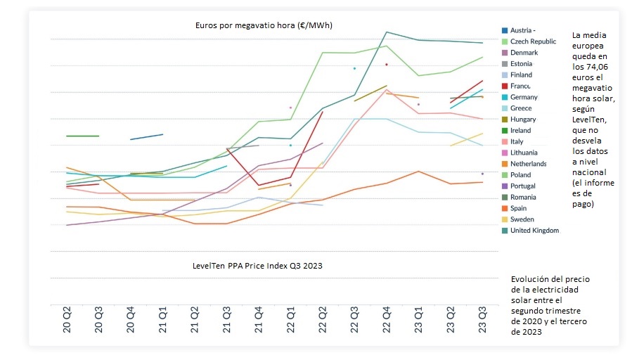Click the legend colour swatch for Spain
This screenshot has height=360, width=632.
click(505, 208)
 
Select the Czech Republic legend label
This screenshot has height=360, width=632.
click(533, 41)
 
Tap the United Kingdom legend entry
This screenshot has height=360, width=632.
click(534, 231)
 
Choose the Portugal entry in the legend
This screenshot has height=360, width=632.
click(523, 186)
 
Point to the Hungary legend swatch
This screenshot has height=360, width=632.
click(505, 120)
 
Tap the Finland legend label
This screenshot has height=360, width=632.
click(521, 75)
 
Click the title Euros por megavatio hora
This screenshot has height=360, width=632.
click(264, 25)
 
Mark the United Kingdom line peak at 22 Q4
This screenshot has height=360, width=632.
click(387, 32)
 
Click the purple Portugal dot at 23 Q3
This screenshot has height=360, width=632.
click(482, 174)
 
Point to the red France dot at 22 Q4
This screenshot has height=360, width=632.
click(387, 65)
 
